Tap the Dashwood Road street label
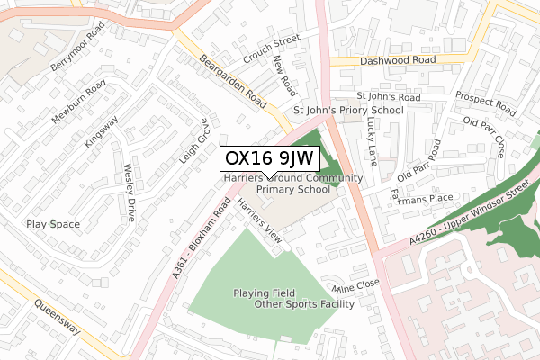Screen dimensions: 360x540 point(397,60)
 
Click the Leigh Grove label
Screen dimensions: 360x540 point(193,140)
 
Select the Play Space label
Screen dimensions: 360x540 point(53,224)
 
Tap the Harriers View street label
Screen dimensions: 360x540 point(259,221)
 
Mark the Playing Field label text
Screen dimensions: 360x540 point(265,292)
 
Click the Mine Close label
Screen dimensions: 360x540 point(356,287)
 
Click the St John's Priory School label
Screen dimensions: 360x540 point(348,111)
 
